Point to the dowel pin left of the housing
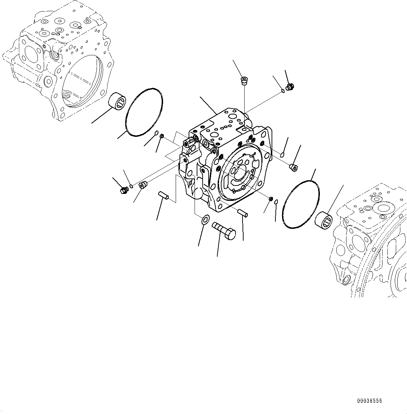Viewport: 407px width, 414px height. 164,196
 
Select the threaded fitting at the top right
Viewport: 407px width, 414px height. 289,87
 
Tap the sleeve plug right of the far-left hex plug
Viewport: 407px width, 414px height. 143,184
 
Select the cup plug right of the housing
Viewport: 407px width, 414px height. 294,168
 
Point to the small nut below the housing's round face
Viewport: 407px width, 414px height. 271,199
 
